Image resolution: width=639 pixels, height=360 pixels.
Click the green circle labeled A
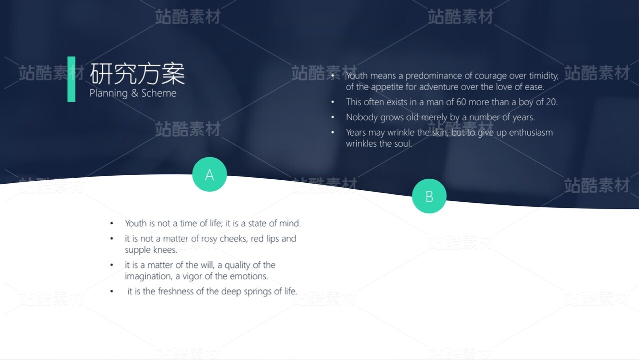tap(209, 174)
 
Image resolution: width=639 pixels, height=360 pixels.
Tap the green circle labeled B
tap(429, 196)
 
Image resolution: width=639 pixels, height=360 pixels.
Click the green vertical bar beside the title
tap(71, 79)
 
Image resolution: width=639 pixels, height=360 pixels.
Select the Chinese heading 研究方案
tap(137, 74)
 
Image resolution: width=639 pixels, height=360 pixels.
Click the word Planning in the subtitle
tap(108, 94)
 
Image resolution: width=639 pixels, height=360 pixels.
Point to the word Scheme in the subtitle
tap(159, 93)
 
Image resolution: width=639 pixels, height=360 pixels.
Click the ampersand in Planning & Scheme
tap(134, 93)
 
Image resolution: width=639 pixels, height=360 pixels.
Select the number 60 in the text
tap(461, 102)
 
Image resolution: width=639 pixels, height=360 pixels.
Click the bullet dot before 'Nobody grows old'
tap(332, 117)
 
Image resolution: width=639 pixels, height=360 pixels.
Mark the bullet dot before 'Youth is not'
tap(111, 223)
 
